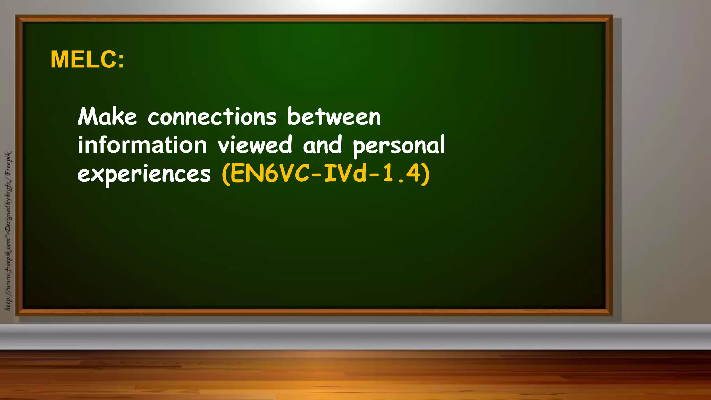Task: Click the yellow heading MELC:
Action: click(x=87, y=59)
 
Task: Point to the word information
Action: click(x=142, y=145)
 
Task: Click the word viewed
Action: click(x=255, y=145)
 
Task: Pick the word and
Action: click(x=323, y=145)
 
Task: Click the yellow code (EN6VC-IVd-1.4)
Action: click(x=326, y=174)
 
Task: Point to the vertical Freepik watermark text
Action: click(x=8, y=231)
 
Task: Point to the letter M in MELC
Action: click(x=60, y=59)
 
